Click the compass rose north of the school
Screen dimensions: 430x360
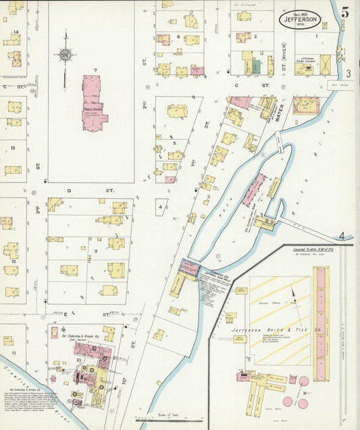coord(66,55)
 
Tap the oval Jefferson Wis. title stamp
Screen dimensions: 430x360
coord(301,20)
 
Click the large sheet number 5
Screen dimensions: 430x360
coord(345,12)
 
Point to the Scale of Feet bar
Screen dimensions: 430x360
coord(162,419)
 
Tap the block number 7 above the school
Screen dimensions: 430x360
coord(95,70)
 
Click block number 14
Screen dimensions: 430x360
coord(15,32)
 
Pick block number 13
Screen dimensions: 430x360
coord(12,147)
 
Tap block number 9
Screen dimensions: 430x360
coord(96,251)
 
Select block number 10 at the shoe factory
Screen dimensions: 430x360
coord(79,360)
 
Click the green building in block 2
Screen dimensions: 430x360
coord(256,67)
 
